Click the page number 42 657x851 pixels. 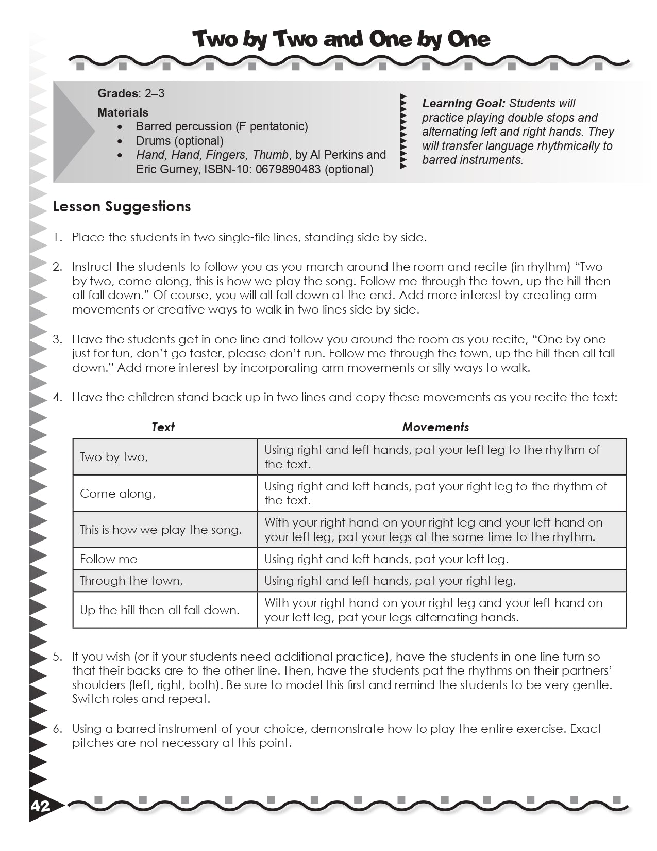[41, 806]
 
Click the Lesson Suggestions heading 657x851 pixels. [122, 207]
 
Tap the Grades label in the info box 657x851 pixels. [117, 93]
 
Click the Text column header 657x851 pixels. [163, 427]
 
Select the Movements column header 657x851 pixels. [435, 427]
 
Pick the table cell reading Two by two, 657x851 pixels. [114, 457]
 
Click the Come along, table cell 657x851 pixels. [117, 494]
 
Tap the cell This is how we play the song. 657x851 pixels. [160, 530]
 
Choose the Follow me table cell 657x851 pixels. [109, 559]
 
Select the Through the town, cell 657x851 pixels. [131, 581]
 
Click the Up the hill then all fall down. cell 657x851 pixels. [160, 610]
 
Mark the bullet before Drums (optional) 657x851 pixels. [120, 141]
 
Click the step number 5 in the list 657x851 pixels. [58, 657]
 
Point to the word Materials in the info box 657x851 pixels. [123, 112]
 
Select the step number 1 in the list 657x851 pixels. [58, 238]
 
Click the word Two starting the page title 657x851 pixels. [214, 40]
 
